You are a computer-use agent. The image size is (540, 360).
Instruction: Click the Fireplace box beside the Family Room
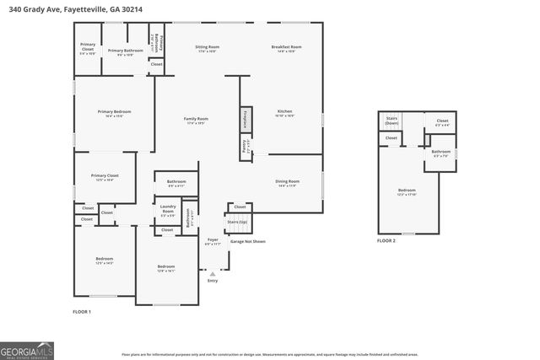pos(246,119)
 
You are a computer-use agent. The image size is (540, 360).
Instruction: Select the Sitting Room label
pos(207,49)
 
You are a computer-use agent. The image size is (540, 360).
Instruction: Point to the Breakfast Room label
pos(286,49)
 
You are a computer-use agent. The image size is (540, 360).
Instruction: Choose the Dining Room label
pos(287,183)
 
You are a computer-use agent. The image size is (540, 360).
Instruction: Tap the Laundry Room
pos(167,211)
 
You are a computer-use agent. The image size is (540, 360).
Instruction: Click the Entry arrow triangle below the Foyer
pos(213,273)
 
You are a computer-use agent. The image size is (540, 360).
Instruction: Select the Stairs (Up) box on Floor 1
pos(238,223)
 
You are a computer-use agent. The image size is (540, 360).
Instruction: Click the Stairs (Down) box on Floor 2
pos(391,121)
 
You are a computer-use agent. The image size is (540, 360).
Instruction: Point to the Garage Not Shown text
pos(248,241)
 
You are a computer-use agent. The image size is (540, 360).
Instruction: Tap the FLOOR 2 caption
pos(386,241)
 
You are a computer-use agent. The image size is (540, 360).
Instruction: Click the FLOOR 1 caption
pos(82,312)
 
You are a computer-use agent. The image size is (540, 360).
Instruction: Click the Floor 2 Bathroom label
pos(441,153)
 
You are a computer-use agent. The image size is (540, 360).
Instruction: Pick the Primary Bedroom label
pos(114,114)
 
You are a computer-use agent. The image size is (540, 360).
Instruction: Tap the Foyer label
pos(213,241)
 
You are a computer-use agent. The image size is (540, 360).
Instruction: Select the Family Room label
pos(197,121)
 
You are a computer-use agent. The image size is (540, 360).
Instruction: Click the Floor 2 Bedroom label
pos(407,191)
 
